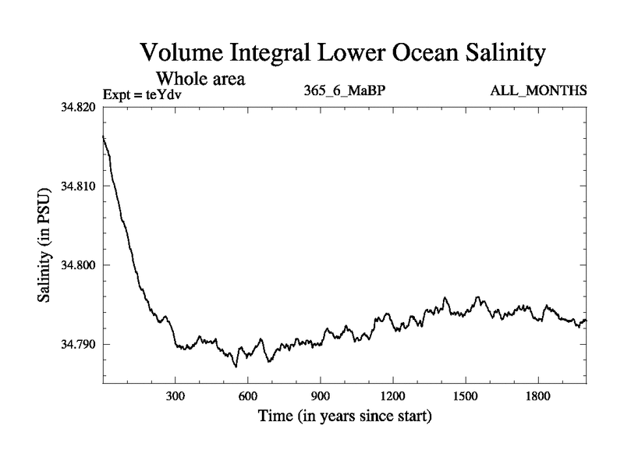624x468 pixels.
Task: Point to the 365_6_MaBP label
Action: (x=345, y=91)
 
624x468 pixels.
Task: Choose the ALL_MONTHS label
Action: (x=538, y=91)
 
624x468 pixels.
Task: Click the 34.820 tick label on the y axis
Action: (x=79, y=107)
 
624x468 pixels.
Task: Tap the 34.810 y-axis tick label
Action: (x=79, y=186)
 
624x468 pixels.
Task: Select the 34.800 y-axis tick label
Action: (x=79, y=265)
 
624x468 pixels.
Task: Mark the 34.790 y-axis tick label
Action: (x=79, y=344)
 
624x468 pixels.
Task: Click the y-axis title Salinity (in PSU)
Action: (x=46, y=245)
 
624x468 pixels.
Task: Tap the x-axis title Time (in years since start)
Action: (x=345, y=417)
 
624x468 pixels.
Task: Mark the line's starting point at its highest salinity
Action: (x=104, y=136)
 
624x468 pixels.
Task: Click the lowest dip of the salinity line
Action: (x=236, y=366)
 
